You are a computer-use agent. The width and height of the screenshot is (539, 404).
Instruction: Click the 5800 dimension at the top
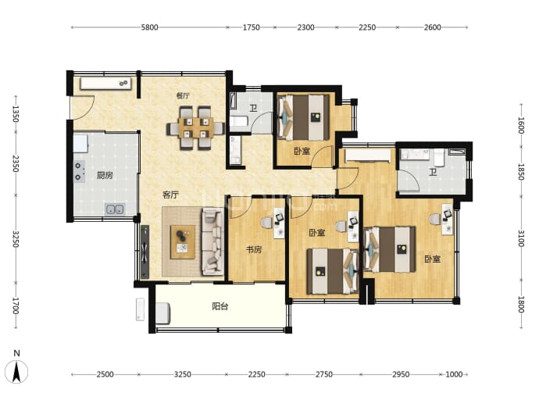[x=149, y=27]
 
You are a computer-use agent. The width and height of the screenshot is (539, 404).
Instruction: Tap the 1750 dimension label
[x=252, y=27]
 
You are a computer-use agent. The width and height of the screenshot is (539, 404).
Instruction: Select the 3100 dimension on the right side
[x=521, y=238]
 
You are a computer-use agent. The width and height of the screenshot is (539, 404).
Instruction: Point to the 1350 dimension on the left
[x=16, y=114]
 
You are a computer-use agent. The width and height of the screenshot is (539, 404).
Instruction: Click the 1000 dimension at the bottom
[x=454, y=374]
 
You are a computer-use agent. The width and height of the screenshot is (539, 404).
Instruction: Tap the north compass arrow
[x=16, y=372]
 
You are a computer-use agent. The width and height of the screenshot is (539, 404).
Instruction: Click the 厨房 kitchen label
[x=105, y=175]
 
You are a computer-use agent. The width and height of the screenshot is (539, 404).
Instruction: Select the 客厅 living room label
[x=170, y=195]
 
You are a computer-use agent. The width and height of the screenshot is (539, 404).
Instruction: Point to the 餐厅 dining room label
[x=183, y=95]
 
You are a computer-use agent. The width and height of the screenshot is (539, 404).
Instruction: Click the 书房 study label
[x=254, y=249]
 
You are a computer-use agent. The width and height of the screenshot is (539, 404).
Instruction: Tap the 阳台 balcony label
[x=220, y=306]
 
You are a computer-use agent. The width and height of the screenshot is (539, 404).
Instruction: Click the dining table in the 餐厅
[x=195, y=128]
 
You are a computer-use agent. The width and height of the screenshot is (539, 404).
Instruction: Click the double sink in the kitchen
[x=115, y=209]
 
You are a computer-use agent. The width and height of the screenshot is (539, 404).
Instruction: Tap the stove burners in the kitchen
[x=80, y=172]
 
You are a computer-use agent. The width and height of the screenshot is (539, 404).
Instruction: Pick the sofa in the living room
[x=212, y=241]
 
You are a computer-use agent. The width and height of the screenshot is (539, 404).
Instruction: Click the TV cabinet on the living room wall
[x=145, y=252]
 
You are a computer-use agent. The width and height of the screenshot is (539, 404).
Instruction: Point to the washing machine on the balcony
[x=163, y=313]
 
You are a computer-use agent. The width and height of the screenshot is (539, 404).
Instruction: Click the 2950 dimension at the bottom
[x=401, y=374]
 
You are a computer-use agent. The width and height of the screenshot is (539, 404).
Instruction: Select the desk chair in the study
[x=266, y=223]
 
